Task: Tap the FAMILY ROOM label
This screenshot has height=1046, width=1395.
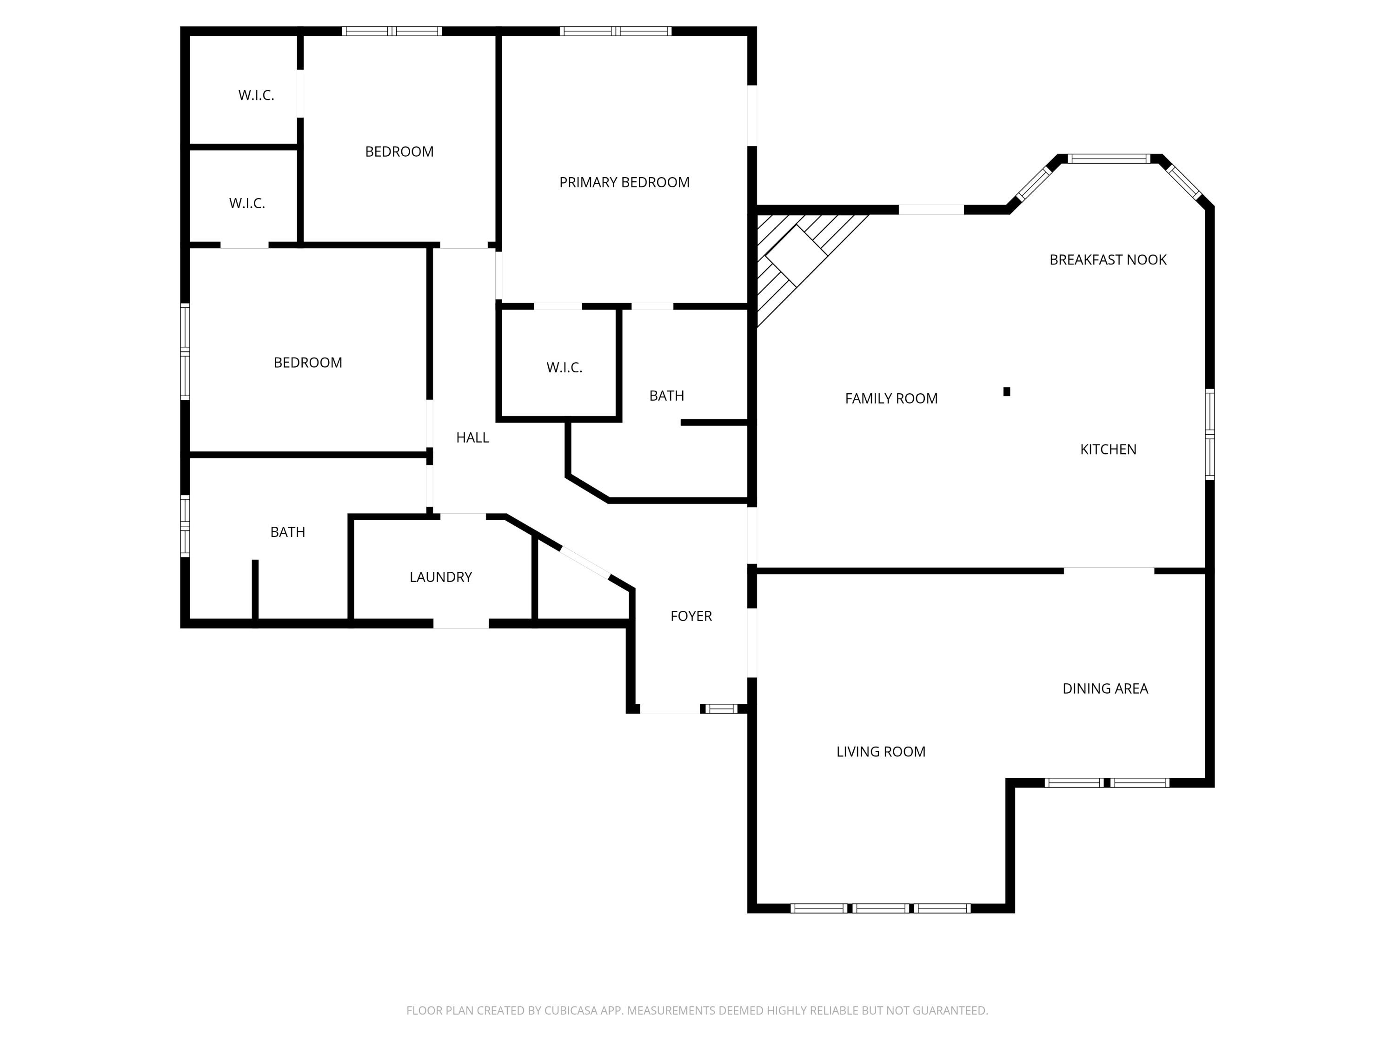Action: tap(890, 398)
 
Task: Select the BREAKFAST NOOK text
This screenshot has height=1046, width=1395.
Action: tap(1108, 260)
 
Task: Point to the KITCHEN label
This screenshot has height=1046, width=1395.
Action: tap(1108, 450)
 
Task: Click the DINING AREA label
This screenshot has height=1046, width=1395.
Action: tap(1105, 689)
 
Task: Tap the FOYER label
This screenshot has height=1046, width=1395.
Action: tap(691, 616)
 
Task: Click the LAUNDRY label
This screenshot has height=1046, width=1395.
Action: tap(440, 577)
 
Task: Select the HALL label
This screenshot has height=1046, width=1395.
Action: tap(472, 437)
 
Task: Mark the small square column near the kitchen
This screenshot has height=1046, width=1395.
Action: tap(1007, 391)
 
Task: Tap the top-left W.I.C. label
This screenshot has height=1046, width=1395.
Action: tap(256, 95)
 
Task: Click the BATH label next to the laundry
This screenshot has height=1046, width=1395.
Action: tap(287, 532)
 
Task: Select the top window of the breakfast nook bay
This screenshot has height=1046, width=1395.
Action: tap(1109, 159)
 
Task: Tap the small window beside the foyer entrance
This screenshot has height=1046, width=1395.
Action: tap(721, 708)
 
